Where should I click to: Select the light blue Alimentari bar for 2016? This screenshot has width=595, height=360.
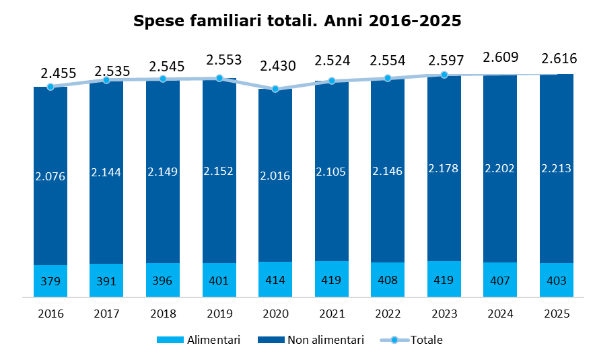point(50,281)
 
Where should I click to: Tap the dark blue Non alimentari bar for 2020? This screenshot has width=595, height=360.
point(275,175)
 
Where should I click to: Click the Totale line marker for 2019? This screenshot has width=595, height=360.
point(219,78)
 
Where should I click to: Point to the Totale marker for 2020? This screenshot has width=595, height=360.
point(275,89)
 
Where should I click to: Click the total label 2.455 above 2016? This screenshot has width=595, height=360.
point(59,73)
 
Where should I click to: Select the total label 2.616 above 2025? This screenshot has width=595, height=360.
point(559,59)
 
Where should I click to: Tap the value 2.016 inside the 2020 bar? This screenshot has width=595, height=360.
point(275,176)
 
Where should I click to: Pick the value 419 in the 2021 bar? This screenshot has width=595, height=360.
point(331,280)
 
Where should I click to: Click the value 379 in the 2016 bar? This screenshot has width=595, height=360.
point(50,281)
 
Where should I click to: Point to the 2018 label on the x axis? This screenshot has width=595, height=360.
point(163,314)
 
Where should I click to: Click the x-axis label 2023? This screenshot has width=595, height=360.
point(444,314)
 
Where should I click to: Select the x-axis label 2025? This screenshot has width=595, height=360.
point(557,314)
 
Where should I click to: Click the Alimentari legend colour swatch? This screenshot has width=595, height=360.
point(170,340)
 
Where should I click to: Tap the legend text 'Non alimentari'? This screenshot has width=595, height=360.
point(326,340)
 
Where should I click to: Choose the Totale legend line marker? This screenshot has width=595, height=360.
point(394,340)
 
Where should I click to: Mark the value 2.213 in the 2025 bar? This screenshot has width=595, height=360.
point(556,168)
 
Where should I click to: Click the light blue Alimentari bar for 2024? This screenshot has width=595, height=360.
point(500,279)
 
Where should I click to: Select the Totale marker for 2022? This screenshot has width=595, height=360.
point(388,78)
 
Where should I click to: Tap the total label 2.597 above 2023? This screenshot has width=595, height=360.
point(446,61)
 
